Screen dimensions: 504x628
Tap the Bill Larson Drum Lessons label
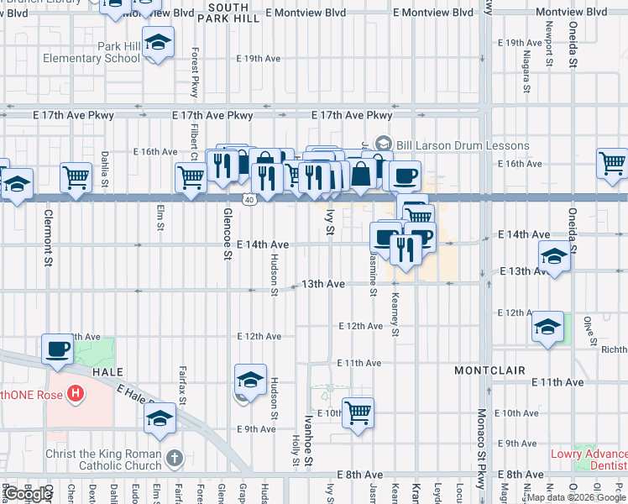(463, 145)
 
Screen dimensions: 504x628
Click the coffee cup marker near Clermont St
(57, 349)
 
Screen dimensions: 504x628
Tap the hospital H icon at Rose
(76, 392)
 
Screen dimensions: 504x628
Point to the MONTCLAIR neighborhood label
(489, 370)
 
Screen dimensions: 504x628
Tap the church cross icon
(175, 459)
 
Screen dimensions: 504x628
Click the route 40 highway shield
(250, 199)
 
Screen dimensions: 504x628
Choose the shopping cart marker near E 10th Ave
(358, 413)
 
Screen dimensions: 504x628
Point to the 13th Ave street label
(324, 284)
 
